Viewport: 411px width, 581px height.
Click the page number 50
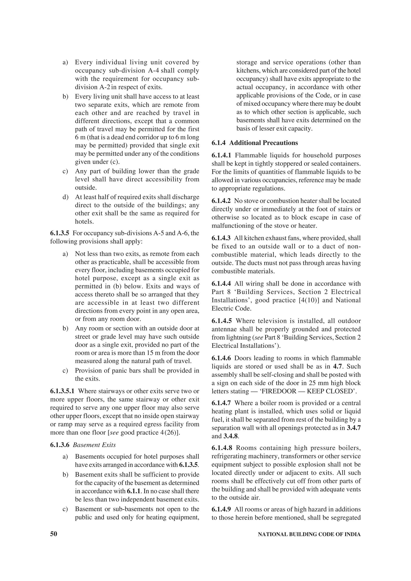[x=54, y=534]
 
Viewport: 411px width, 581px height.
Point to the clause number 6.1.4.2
[x=221, y=201]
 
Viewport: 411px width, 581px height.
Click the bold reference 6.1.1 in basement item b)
[x=134, y=491]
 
